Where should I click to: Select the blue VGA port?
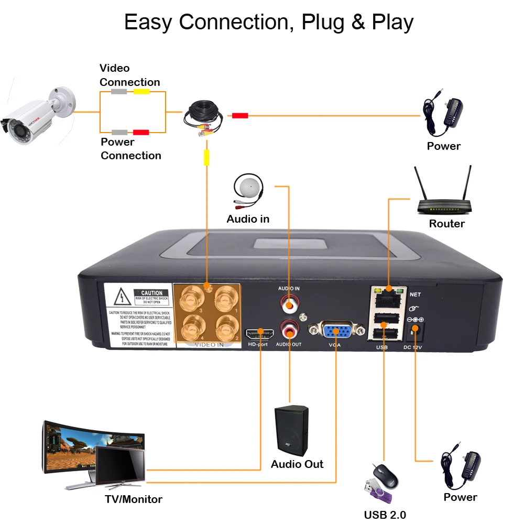coord(336,331)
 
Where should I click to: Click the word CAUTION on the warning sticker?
coord(151,292)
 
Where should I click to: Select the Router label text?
coord(446,224)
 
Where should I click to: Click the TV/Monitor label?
coord(134,499)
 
